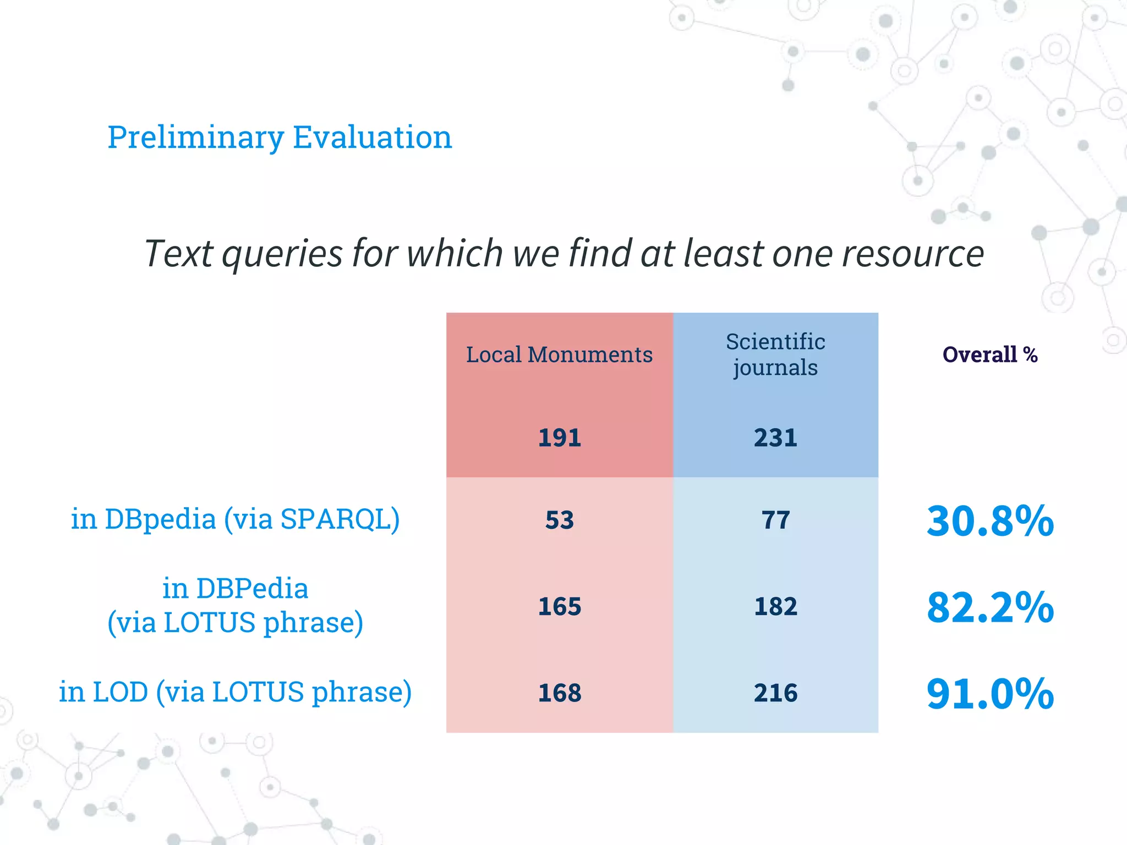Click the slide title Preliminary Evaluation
(280, 137)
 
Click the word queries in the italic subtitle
(282, 254)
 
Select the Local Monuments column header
(559, 355)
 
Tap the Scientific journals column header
(775, 354)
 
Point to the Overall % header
(989, 355)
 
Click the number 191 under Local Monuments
(559, 438)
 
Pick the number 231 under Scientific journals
(775, 438)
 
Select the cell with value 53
(559, 520)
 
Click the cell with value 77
(775, 520)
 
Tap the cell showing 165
(559, 606)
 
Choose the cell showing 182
(775, 606)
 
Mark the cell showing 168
(559, 693)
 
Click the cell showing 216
(775, 693)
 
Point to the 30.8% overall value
(989, 520)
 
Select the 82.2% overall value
(989, 607)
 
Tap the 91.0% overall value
(989, 693)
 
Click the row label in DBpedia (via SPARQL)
(235, 519)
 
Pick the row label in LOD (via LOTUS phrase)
(235, 692)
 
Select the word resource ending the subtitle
(912, 254)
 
